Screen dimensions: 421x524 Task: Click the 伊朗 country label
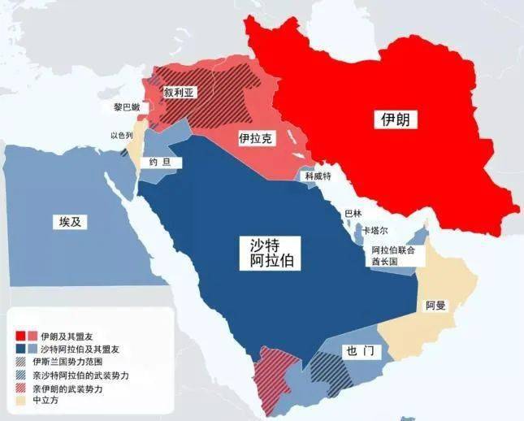point(396,120)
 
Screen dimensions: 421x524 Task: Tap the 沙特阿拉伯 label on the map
point(272,253)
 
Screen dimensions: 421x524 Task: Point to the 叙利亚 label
point(180,93)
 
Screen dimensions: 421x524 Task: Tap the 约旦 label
point(160,163)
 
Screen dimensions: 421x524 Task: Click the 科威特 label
point(318,176)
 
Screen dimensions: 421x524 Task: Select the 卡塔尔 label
point(375,230)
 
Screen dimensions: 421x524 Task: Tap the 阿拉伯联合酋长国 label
point(393,256)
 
